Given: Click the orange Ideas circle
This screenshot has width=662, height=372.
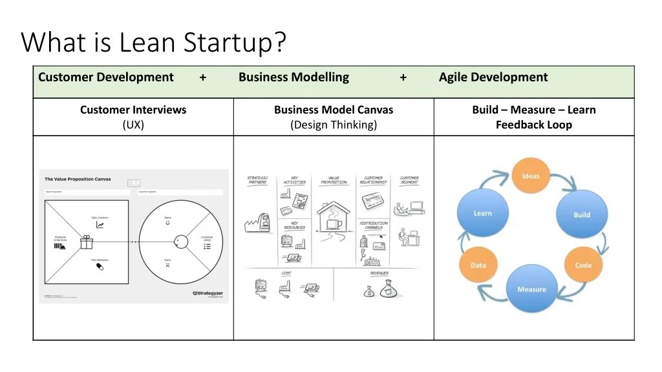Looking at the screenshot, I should tap(531, 176).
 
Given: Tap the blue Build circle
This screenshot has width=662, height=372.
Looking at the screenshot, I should tap(582, 214).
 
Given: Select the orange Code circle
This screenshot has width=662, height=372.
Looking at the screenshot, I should tap(583, 265).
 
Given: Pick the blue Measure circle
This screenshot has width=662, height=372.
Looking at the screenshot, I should tap(531, 289).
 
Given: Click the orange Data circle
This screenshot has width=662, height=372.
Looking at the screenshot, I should tap(478, 265).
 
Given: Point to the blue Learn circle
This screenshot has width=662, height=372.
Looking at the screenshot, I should tap(483, 213).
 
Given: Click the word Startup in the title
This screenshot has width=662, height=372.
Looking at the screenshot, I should tap(235, 43).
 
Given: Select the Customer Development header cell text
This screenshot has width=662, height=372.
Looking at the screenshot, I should tap(106, 77).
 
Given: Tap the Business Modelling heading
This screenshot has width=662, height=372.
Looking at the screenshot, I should tap(294, 77).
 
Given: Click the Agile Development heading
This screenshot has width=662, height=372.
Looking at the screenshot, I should tap(493, 77).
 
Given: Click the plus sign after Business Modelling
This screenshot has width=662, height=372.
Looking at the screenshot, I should tap(403, 77).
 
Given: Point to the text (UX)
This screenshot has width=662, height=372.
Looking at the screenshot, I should tap(133, 125).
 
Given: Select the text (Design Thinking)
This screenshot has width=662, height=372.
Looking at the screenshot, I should tap(334, 125).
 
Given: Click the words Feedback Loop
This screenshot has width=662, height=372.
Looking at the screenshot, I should tap(534, 125).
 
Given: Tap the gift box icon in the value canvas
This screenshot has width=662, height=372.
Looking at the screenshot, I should tap(87, 242).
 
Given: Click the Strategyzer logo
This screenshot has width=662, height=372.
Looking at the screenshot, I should tap(208, 293).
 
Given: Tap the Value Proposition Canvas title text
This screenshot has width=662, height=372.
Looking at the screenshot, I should tap(78, 179).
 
